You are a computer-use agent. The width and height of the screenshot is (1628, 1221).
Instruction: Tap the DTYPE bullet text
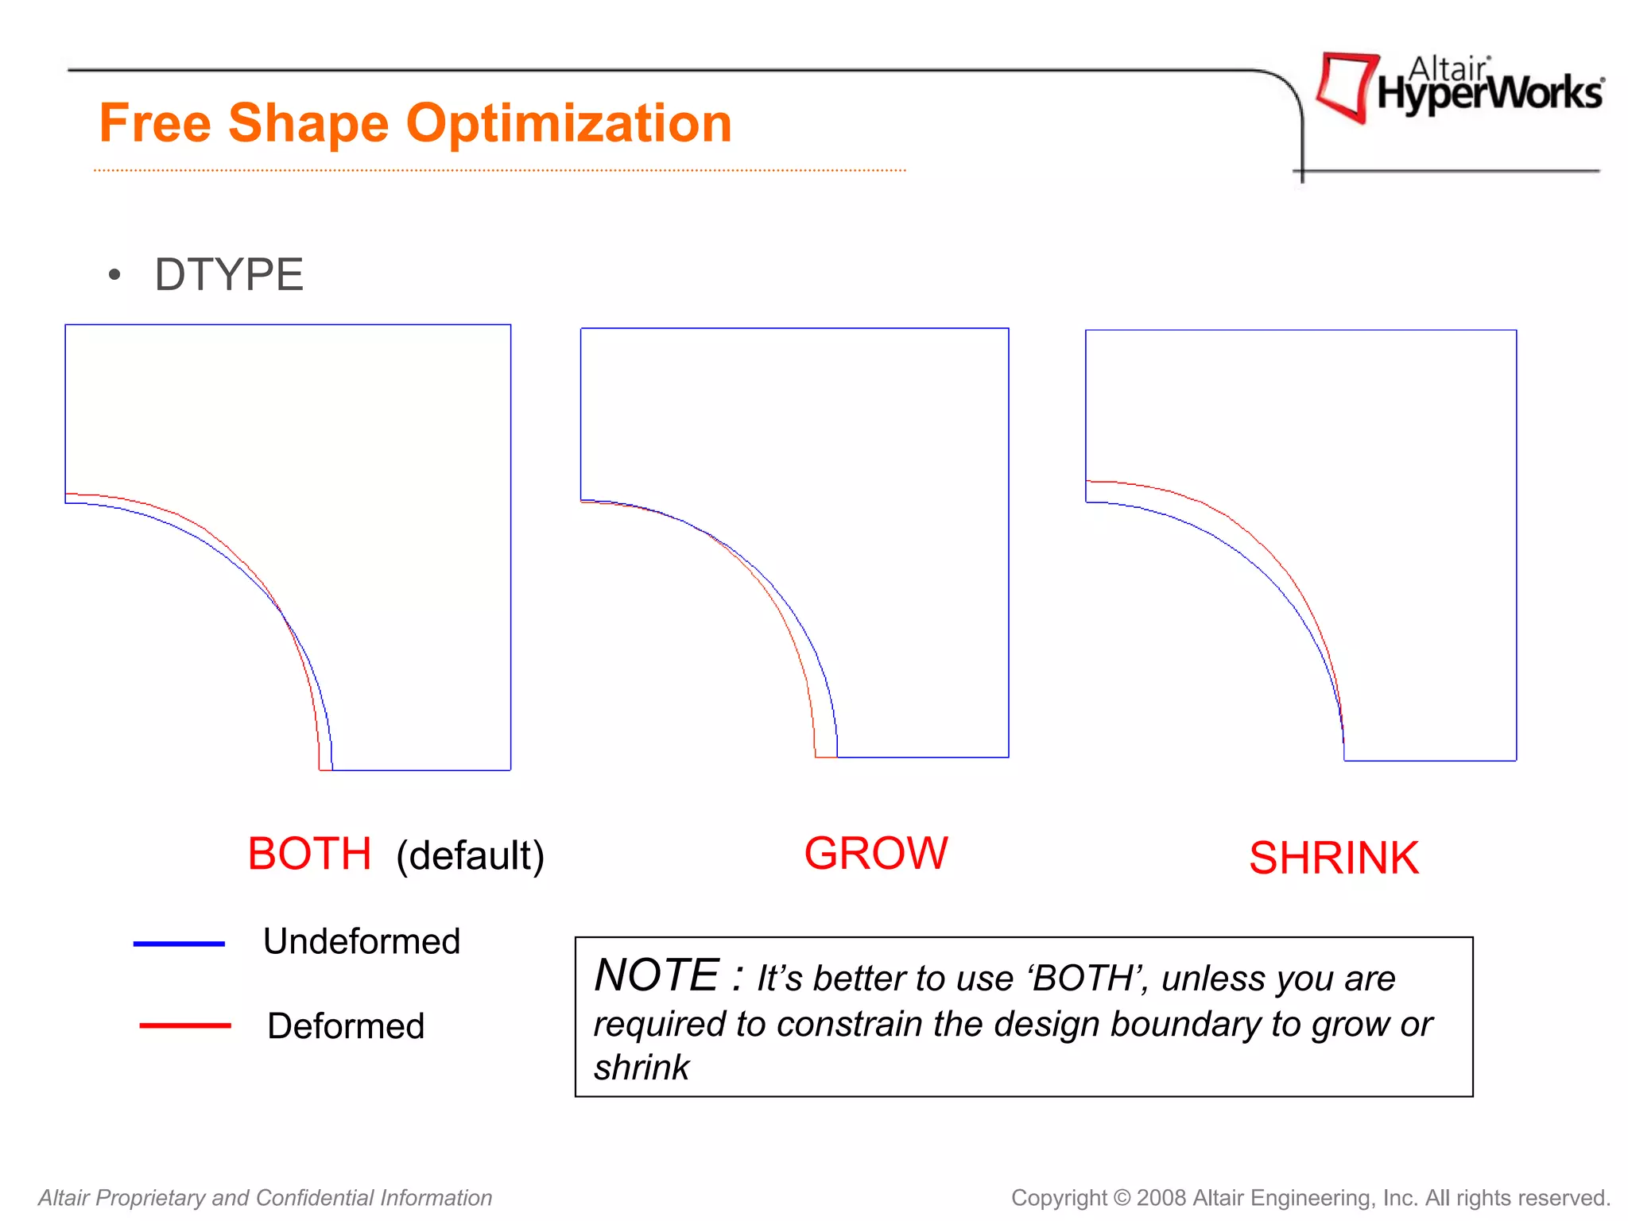229,275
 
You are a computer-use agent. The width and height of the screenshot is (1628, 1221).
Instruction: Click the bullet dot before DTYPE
115,275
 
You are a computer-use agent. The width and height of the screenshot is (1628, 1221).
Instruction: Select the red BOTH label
309,854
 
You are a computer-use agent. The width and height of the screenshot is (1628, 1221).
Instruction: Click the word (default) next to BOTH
470,856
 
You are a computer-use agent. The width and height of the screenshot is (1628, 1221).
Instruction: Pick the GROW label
875,854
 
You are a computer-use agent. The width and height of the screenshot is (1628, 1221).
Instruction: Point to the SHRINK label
1333,859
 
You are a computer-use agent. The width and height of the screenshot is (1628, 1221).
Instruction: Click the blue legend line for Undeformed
179,944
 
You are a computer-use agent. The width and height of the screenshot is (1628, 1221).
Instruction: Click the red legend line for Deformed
184,1025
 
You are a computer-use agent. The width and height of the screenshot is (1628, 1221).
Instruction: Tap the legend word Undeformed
362,942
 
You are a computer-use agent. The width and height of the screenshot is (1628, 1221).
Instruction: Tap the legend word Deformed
346,1026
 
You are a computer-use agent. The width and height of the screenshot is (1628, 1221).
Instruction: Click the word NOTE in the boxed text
657,976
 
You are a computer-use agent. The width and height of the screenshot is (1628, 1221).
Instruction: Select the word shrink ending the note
642,1068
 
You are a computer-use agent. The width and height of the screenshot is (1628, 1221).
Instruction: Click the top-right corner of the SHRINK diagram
1516,331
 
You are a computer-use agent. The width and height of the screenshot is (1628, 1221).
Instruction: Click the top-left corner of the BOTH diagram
66,325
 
